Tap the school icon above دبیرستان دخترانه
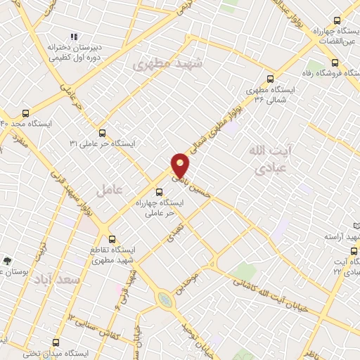(x=74, y=37)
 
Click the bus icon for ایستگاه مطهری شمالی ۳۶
(x=271, y=79)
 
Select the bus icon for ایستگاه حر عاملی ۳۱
(x=103, y=132)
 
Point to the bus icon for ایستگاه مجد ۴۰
(x=26, y=112)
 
